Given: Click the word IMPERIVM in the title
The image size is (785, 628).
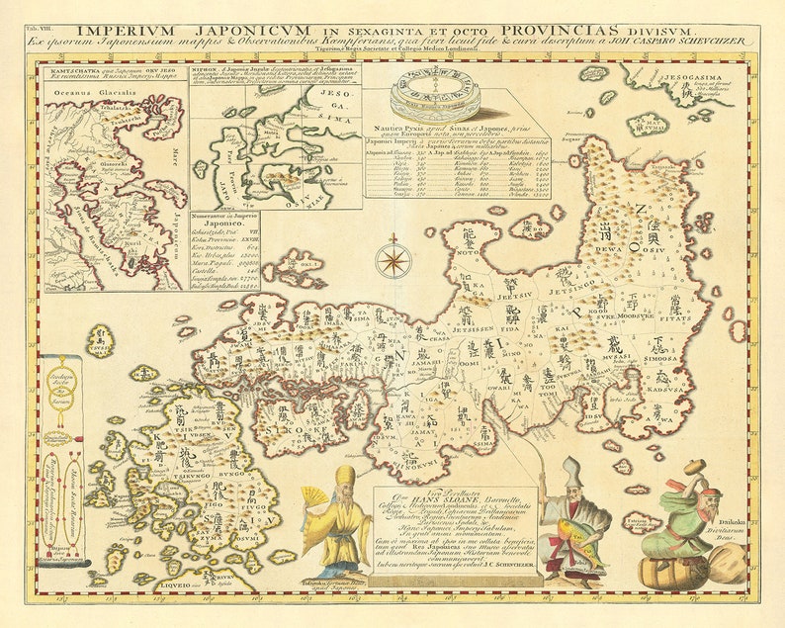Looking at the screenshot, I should (121, 31).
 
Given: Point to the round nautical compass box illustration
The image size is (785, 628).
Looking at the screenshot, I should (433, 95).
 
